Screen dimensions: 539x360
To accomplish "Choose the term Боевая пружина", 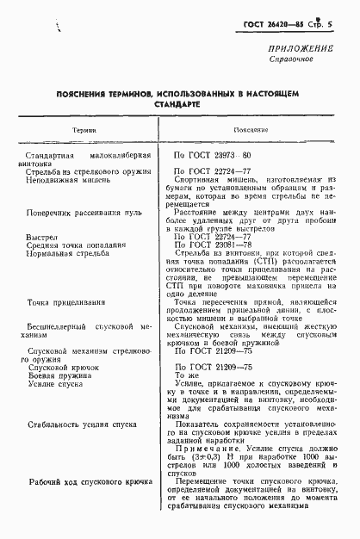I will [x=57, y=377].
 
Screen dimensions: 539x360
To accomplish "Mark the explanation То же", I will [x=188, y=377].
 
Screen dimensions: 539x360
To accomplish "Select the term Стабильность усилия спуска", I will [x=84, y=424].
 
